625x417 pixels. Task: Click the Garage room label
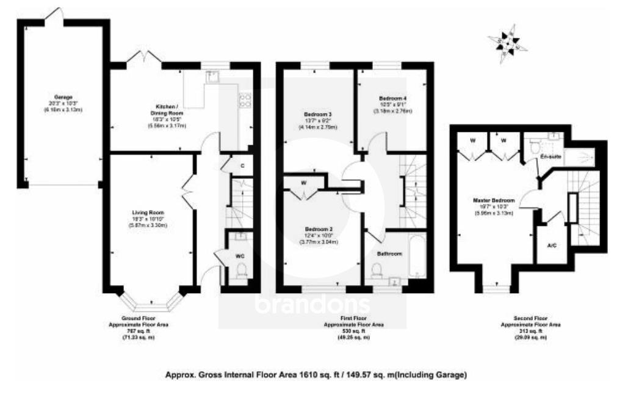tap(63, 97)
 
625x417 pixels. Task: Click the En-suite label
tap(551, 158)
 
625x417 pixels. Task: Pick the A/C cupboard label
tap(552, 245)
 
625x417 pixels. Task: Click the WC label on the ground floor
tap(240, 256)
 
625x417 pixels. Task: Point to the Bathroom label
tap(388, 253)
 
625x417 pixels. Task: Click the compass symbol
tap(507, 42)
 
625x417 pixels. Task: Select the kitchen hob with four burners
tap(245, 100)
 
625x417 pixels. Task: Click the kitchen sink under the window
tap(212, 77)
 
